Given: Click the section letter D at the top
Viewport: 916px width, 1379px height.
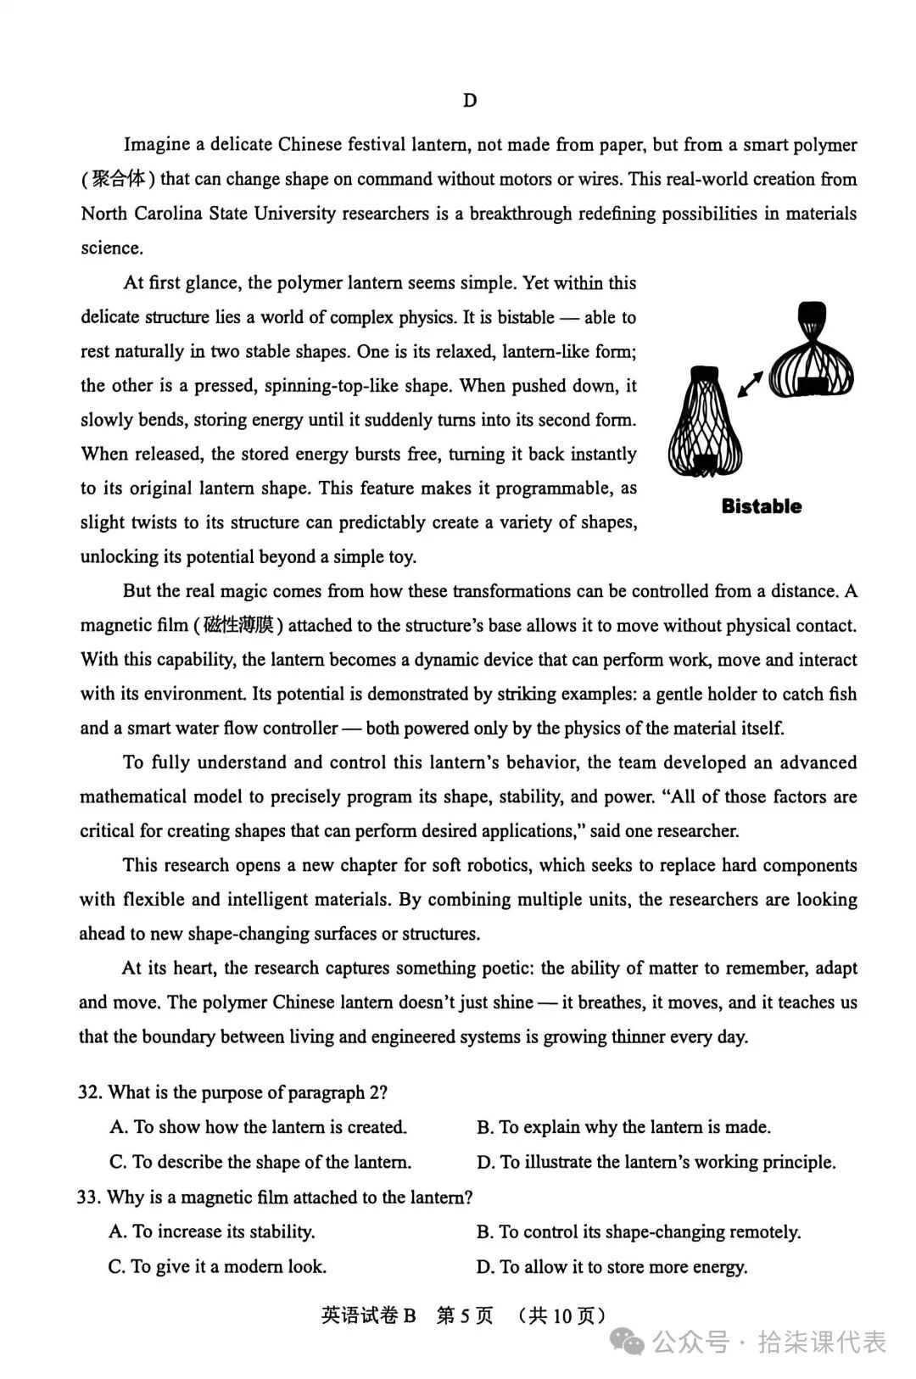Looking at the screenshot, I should [470, 101].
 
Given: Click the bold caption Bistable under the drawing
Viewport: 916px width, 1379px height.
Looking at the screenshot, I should [761, 506].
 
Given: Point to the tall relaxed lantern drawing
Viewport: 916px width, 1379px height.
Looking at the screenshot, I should [706, 422].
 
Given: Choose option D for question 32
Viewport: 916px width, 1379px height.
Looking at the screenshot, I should [656, 1162].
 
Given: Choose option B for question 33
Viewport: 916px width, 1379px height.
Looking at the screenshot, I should [638, 1231].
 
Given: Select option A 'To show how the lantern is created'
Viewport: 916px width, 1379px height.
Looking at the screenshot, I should [258, 1127].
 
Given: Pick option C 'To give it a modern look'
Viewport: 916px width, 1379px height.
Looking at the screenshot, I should [217, 1267].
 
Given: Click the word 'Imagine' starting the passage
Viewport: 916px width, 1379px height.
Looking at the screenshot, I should [157, 145].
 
